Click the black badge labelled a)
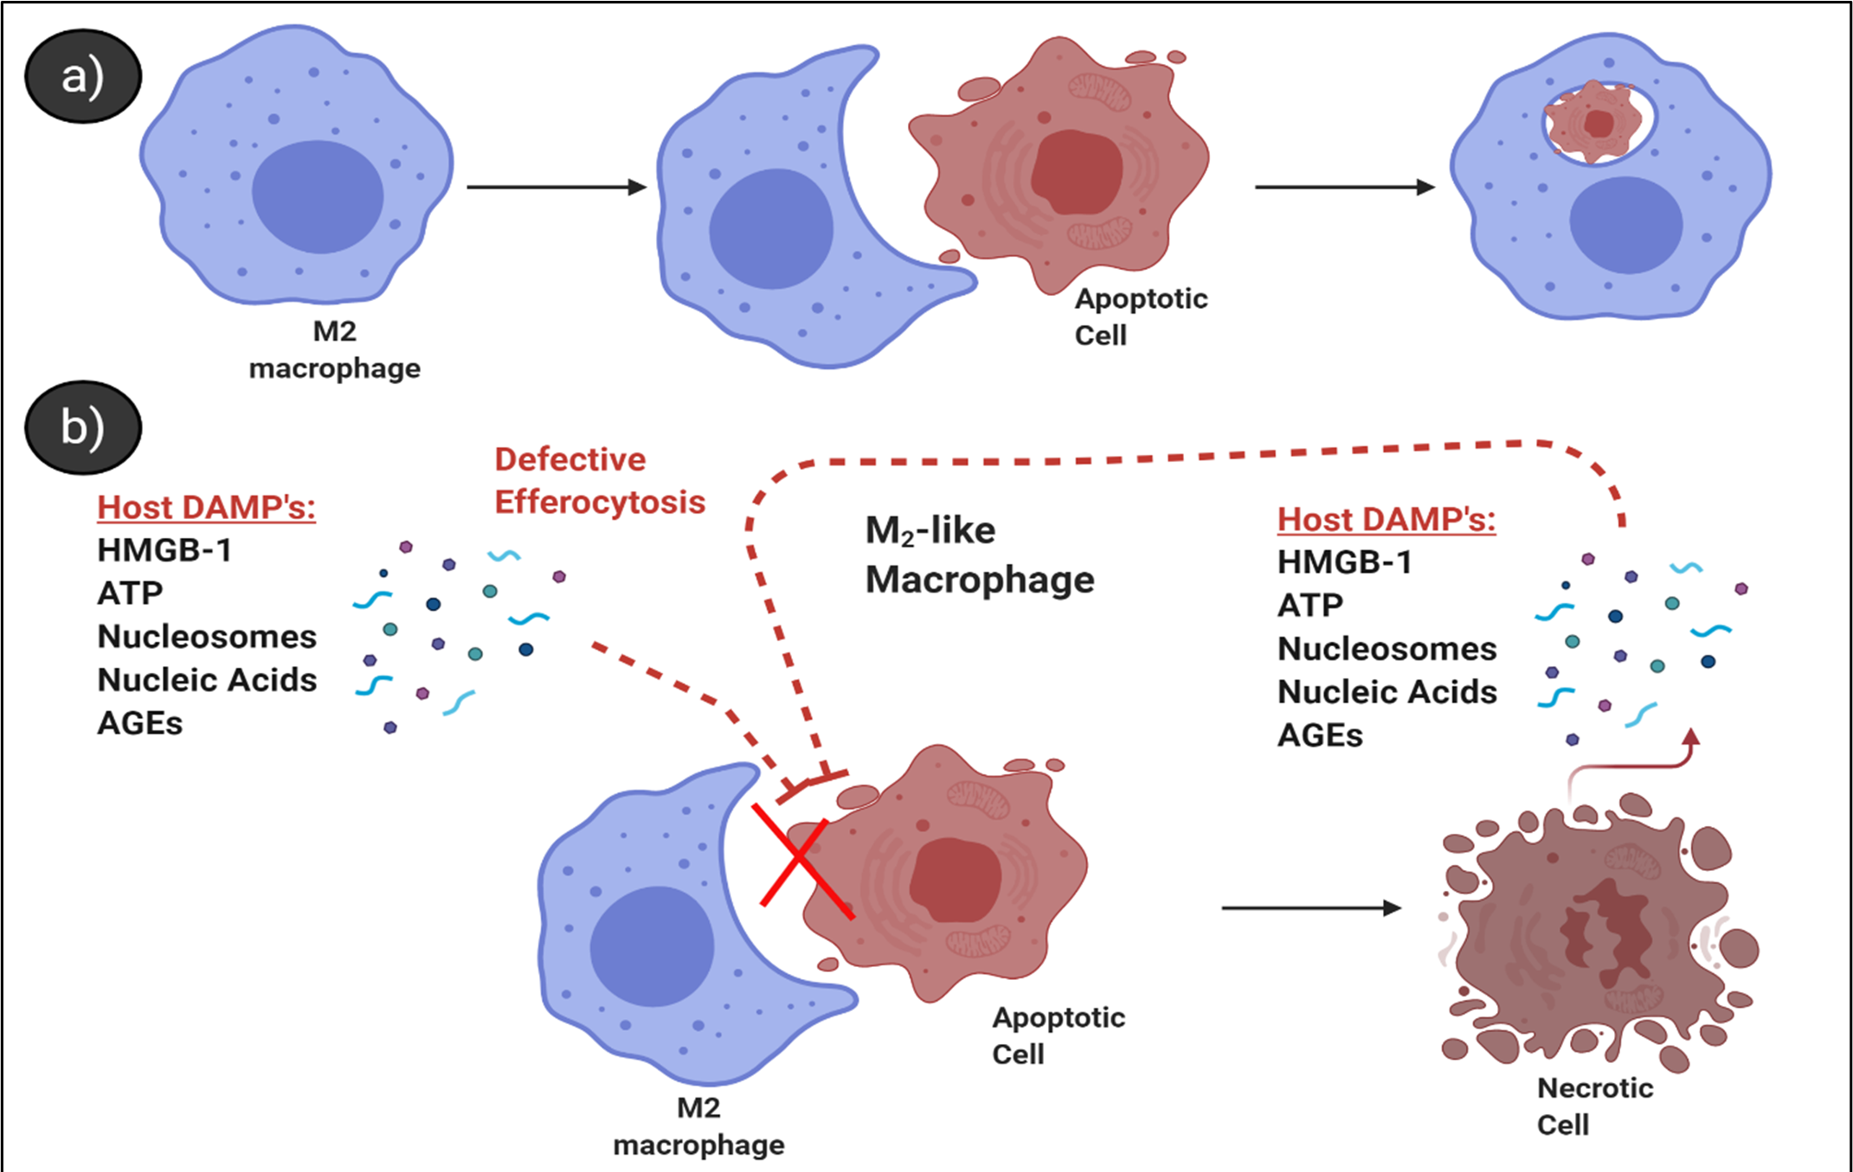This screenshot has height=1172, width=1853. tap(83, 77)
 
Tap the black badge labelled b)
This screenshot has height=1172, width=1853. tap(83, 428)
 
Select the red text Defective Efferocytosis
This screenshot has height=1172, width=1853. tap(599, 481)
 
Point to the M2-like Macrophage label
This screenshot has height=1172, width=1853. tap(979, 555)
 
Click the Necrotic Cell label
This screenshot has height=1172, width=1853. tap(1594, 1106)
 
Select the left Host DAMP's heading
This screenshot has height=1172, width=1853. tap(206, 508)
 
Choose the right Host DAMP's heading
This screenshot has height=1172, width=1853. tap(1386, 520)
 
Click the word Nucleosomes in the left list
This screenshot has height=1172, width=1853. tap(207, 637)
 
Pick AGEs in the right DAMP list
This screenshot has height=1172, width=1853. tap(1320, 736)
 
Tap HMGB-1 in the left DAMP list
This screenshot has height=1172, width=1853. tap(164, 551)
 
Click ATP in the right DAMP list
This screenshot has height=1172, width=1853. tap(1309, 606)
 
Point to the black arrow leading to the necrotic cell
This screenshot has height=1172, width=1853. tap(1310, 908)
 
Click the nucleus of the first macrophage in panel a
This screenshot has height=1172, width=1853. tap(317, 197)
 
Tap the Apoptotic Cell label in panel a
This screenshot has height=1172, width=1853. tap(1140, 317)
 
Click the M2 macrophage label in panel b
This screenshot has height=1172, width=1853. tap(698, 1127)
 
